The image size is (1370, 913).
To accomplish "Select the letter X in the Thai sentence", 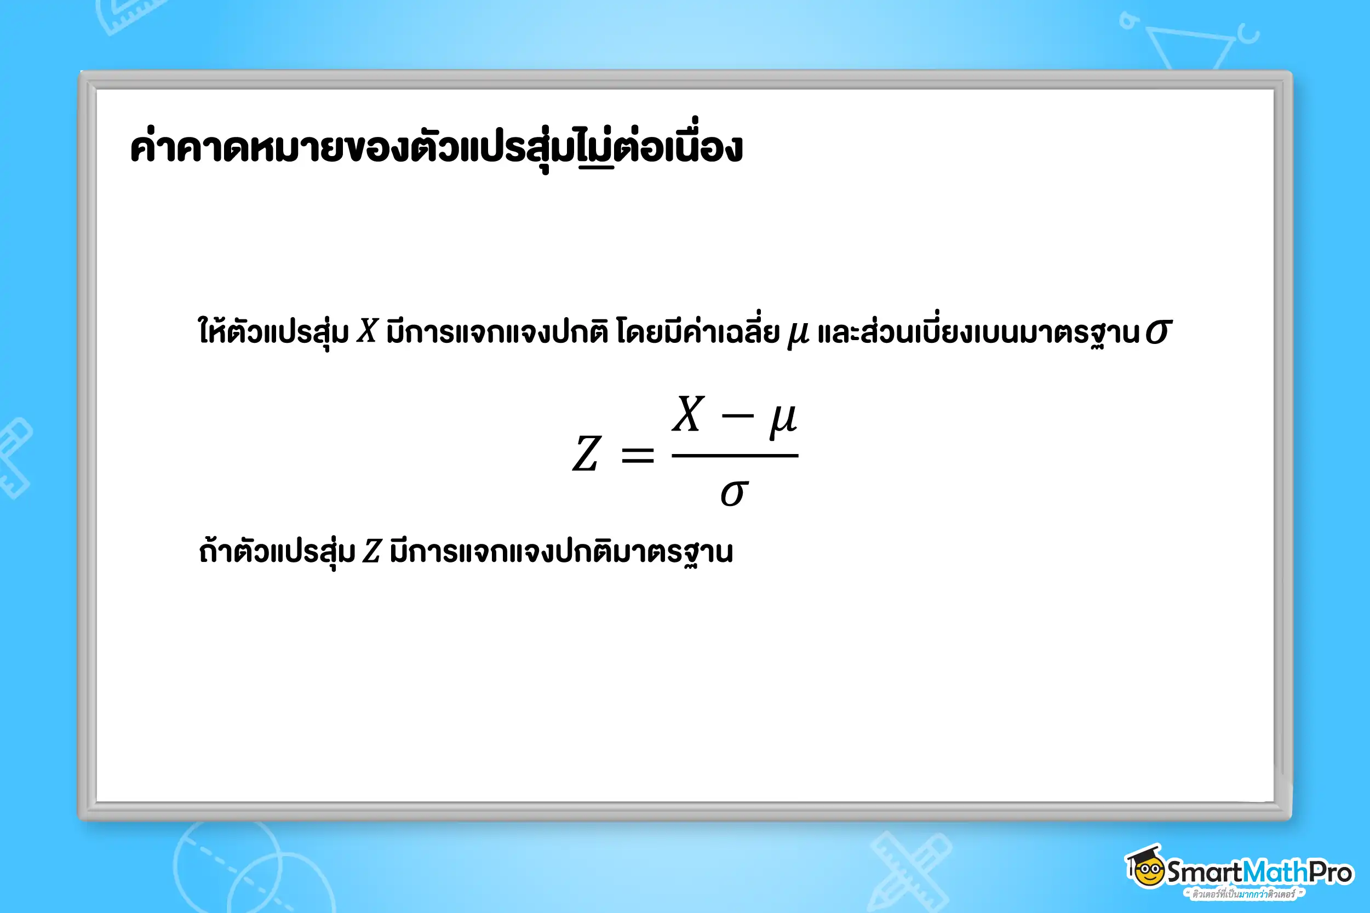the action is coord(368,331).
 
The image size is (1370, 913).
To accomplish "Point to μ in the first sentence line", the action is coord(798,334).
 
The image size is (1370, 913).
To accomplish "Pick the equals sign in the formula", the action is coord(638,455).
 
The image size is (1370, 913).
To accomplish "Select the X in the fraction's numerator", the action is coord(688,414).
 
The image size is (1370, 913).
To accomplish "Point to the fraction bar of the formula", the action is coord(735,455).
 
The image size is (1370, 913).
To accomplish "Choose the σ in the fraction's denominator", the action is coord(734,493).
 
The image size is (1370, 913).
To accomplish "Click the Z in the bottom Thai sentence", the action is coord(371,551).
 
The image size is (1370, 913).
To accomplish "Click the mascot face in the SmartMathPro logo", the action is coord(1147,870).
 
